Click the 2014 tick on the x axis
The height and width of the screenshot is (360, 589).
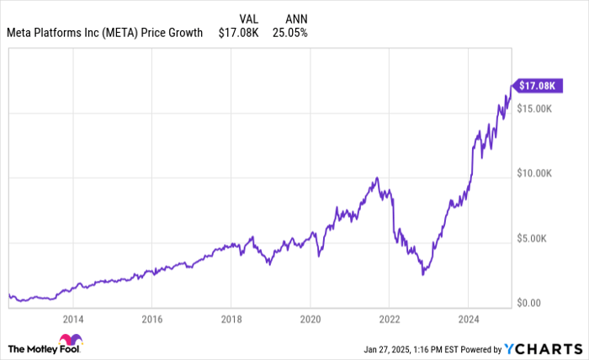[73, 320]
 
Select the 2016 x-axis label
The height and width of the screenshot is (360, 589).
[152, 320]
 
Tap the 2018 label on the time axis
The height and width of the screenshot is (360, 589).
[231, 320]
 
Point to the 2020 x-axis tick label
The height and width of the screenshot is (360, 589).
[310, 320]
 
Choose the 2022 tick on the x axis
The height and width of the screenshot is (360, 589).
[390, 320]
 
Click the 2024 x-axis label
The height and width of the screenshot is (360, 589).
[469, 320]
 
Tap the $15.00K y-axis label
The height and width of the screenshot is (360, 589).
[536, 109]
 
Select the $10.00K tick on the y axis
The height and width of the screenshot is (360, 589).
[536, 173]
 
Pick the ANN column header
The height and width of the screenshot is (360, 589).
[286, 17]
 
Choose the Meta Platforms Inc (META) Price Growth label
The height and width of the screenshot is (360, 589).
[104, 33]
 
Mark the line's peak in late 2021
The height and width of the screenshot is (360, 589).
[377, 177]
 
